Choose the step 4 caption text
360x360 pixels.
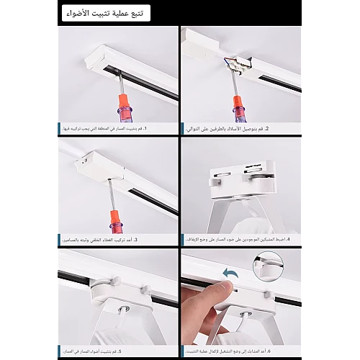coord(241,239)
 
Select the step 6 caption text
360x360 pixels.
coord(241,351)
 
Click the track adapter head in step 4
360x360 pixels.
coord(240,176)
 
